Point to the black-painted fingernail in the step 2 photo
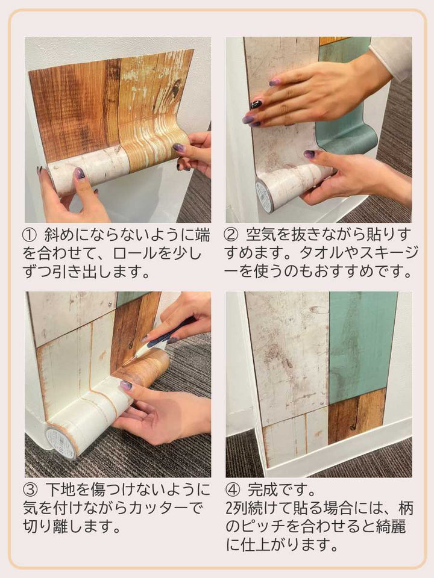[x=256, y=104]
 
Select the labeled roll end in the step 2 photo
[x=263, y=195]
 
